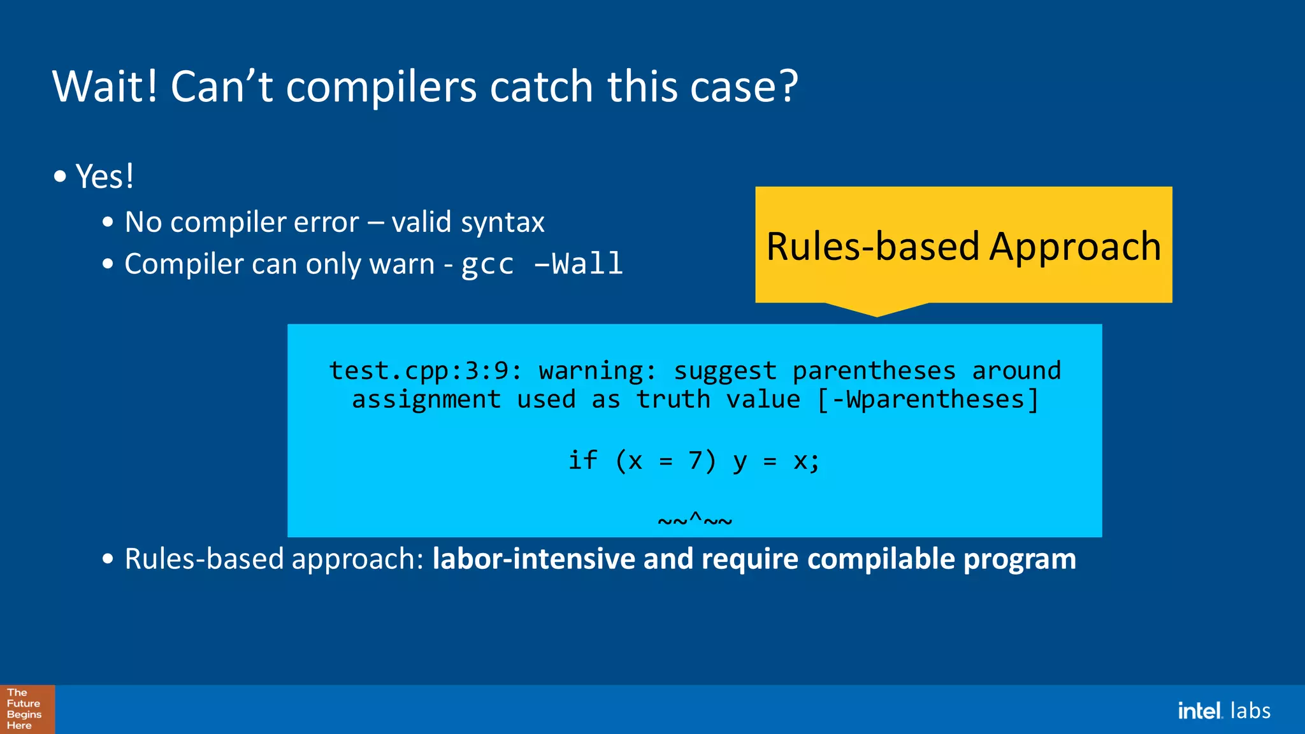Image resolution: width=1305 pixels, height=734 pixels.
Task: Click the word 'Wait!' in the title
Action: pyautogui.click(x=105, y=87)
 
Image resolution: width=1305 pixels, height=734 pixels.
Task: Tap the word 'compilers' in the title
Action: pyautogui.click(x=381, y=87)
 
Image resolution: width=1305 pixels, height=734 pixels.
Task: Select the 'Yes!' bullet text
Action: pyautogui.click(x=105, y=176)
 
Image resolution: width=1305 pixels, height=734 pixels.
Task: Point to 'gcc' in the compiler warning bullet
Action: pyautogui.click(x=487, y=264)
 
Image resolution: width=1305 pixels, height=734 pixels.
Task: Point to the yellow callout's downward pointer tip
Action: pyautogui.click(x=877, y=315)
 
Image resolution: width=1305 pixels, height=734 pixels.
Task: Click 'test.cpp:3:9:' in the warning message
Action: pyautogui.click(x=425, y=371)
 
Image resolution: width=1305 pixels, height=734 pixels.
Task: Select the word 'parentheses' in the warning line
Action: pyautogui.click(x=874, y=371)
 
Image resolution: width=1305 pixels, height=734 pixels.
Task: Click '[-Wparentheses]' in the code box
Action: pyautogui.click(x=928, y=400)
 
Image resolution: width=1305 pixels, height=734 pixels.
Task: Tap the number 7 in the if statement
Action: pyautogui.click(x=695, y=460)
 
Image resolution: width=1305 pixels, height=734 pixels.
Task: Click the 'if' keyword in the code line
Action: pyautogui.click(x=582, y=460)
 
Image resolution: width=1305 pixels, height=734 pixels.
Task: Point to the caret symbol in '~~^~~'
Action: pyautogui.click(x=695, y=517)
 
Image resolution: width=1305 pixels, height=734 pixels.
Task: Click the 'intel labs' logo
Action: pyautogui.click(x=1223, y=710)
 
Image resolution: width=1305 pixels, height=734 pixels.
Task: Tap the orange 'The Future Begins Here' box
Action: pyautogui.click(x=27, y=709)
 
